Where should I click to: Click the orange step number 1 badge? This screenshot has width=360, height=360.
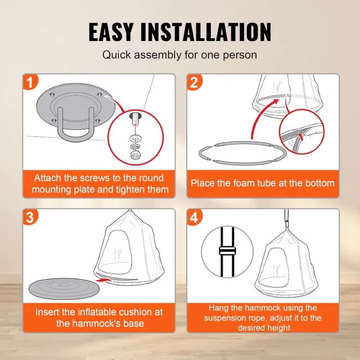[30, 82]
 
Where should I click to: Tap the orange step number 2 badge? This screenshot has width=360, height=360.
[194, 82]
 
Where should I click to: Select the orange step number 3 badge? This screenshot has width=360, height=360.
[30, 217]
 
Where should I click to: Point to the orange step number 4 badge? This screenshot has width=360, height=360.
[194, 217]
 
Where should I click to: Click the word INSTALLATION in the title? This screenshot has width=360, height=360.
[206, 32]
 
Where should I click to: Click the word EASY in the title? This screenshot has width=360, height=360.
[111, 32]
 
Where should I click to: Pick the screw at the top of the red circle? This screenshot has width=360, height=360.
[136, 118]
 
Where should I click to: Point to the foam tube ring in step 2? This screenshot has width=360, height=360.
[242, 153]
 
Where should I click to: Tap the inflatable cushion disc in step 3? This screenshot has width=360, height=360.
[64, 289]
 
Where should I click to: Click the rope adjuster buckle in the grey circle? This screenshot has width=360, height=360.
[227, 251]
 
